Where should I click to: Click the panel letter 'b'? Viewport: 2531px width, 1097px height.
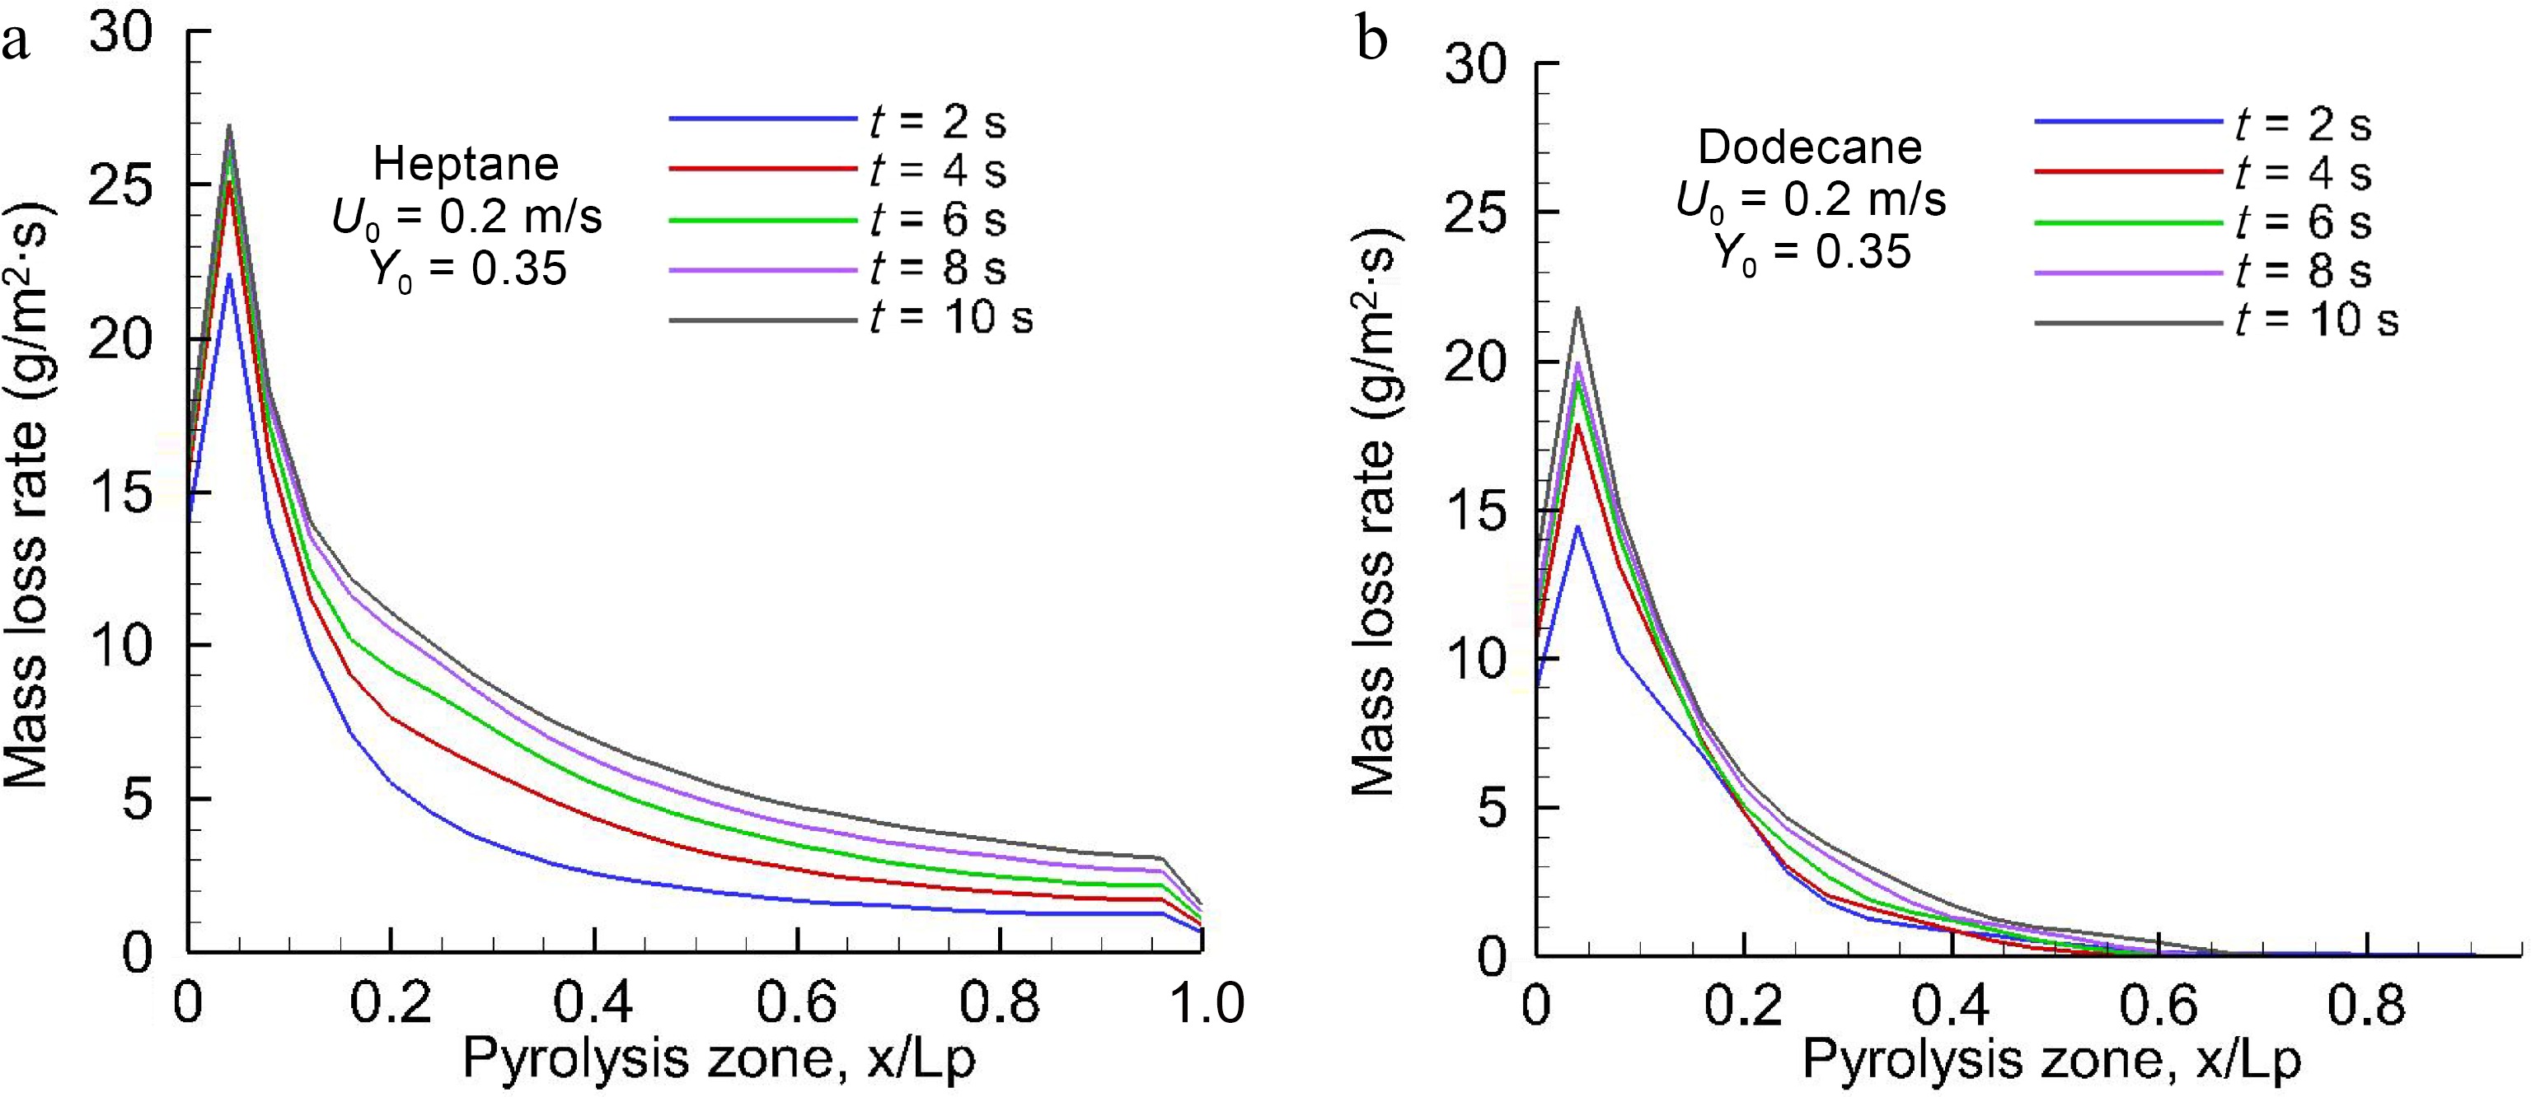(x=1371, y=41)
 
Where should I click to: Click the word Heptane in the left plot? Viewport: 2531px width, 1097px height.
(x=466, y=164)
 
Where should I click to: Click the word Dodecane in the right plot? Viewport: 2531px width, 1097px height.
(x=1810, y=147)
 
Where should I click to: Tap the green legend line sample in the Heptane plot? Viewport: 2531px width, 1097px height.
(x=762, y=220)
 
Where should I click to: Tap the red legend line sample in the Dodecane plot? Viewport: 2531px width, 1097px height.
(x=2128, y=172)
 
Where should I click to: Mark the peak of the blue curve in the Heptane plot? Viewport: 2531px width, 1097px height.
(x=228, y=274)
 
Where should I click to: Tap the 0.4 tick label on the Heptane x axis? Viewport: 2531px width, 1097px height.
(x=593, y=1004)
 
